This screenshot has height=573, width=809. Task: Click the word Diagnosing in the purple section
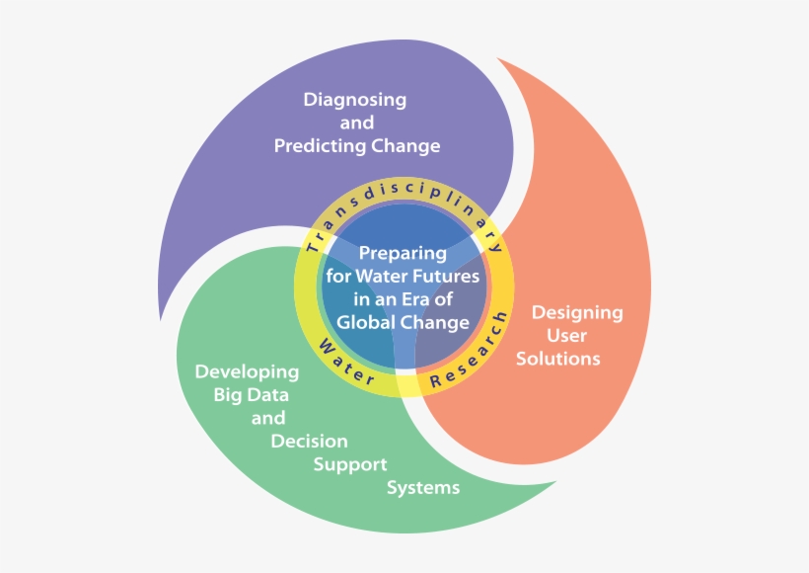[x=355, y=100]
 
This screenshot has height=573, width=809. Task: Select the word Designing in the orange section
[x=577, y=313]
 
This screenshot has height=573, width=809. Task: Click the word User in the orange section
[x=566, y=336]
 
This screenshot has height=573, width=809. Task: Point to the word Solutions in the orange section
[x=558, y=359]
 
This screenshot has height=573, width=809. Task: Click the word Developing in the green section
[x=247, y=372]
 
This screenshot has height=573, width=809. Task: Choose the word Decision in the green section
[x=309, y=442]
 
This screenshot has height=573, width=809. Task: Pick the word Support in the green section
[x=350, y=464]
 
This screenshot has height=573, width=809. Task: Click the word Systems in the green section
[x=422, y=488]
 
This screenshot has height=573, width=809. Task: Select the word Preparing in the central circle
[x=403, y=253]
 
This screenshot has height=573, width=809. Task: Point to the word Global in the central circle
[x=366, y=322]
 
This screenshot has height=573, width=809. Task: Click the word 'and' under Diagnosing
[x=356, y=123]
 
